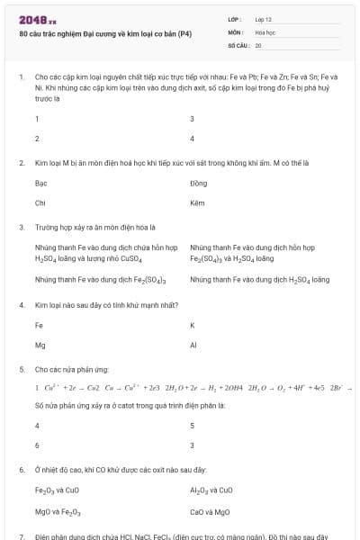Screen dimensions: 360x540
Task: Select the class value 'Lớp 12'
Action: coord(263,19)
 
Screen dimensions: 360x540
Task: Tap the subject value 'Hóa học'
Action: coord(264,31)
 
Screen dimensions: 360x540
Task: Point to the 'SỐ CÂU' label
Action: coord(238,44)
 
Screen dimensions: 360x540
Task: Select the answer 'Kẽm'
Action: coord(198,202)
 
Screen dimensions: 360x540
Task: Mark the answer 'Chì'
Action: coord(40,202)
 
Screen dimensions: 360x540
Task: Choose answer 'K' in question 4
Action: coord(193,325)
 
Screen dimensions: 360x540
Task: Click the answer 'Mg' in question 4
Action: coord(40,344)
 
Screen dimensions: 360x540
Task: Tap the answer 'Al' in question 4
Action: coord(193,344)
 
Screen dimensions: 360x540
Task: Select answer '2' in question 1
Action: coord(37,139)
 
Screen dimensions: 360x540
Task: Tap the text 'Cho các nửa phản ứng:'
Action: coord(67,369)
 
